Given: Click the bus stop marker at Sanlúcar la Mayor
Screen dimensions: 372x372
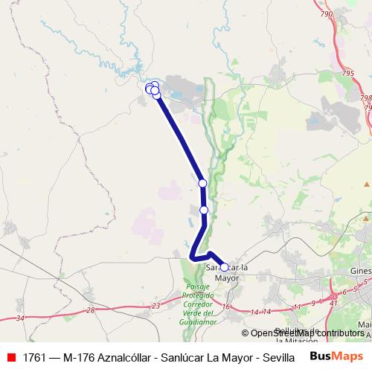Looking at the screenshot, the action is [x=224, y=267].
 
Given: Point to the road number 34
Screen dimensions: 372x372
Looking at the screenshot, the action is [x=19, y=318].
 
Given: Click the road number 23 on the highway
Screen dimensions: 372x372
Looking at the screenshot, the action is [x=155, y=306].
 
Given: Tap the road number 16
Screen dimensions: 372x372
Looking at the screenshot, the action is [x=226, y=306].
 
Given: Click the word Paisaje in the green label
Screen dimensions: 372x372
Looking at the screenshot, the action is [x=198, y=287].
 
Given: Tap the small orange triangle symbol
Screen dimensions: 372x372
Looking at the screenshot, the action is [x=366, y=183].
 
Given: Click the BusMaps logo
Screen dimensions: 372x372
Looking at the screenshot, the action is [x=337, y=356].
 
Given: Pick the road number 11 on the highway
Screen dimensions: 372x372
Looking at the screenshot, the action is [x=297, y=306].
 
